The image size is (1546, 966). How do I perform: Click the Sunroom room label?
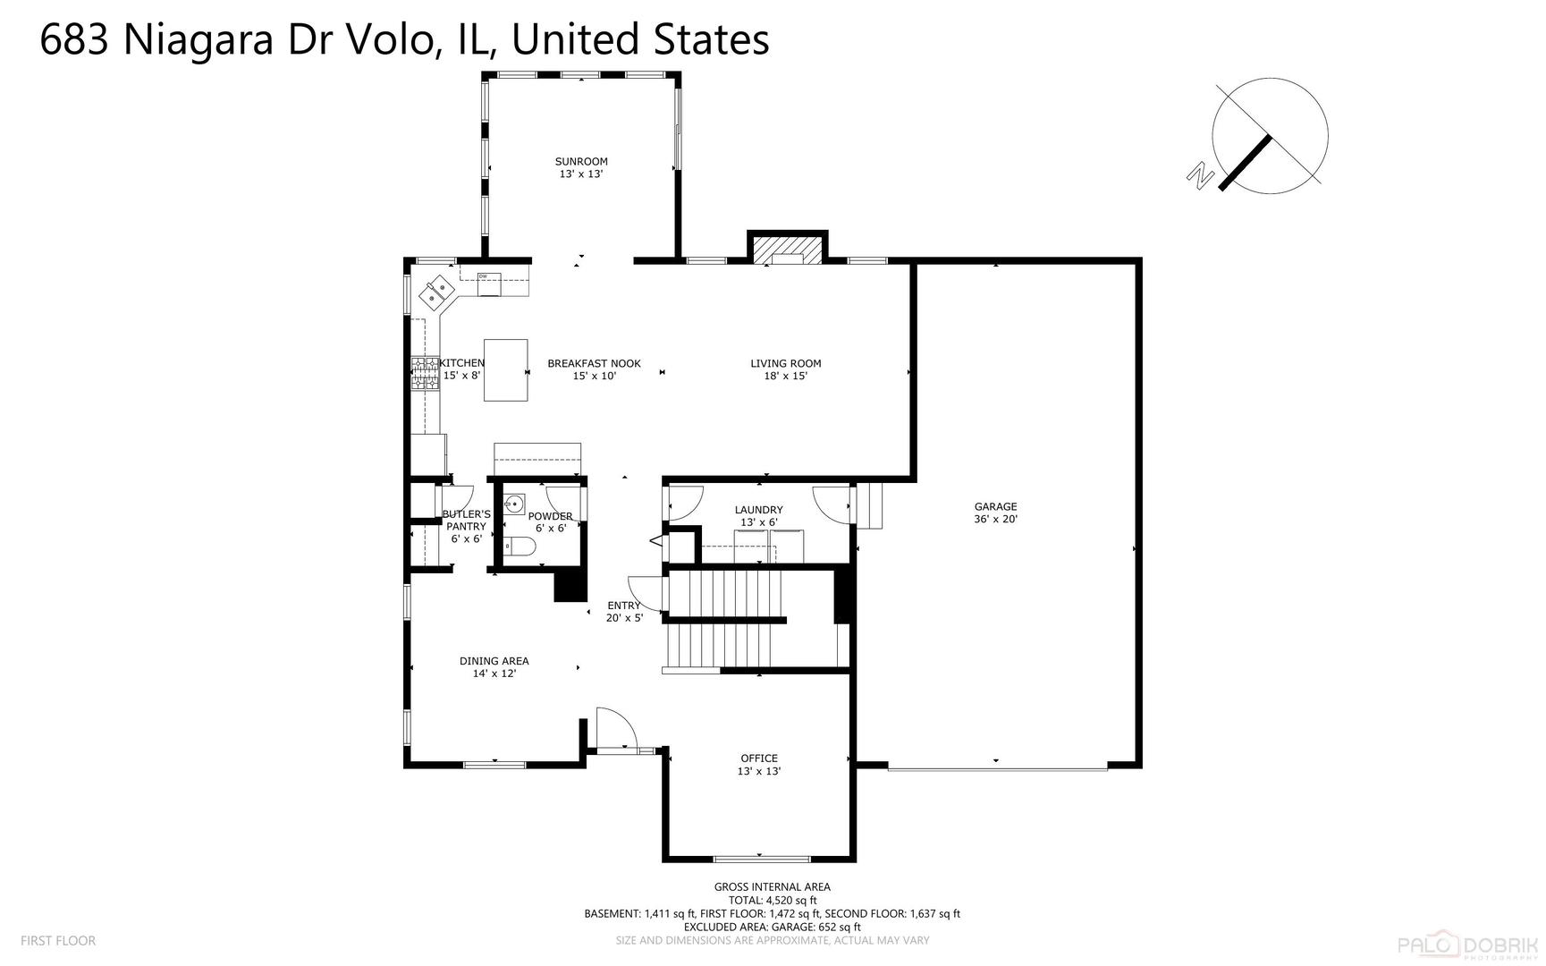click(581, 167)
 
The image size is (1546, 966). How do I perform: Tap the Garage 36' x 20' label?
click(995, 512)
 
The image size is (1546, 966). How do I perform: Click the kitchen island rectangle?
click(506, 369)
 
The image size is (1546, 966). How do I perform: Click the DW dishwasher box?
click(488, 284)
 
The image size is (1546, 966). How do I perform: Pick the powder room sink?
click(513, 505)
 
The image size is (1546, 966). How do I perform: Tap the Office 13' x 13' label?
click(758, 764)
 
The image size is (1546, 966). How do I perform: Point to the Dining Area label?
click(494, 666)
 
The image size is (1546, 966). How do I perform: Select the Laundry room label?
click(758, 515)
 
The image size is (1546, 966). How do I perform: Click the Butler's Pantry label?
click(466, 526)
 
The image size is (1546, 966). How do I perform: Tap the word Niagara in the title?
click(198, 40)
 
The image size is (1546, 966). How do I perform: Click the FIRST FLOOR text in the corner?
click(58, 940)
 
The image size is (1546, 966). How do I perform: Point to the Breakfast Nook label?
click(594, 369)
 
